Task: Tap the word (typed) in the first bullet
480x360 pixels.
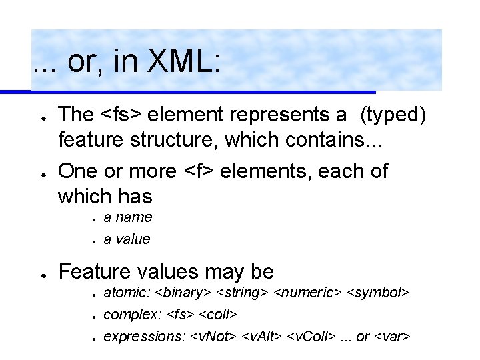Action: (393, 115)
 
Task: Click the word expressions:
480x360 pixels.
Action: (144, 337)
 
